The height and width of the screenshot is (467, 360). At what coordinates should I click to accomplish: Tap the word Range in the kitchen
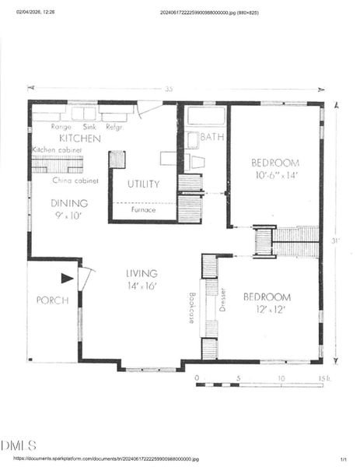pyautogui.click(x=61, y=126)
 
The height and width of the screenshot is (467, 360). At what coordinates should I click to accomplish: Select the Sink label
pyautogui.click(x=89, y=126)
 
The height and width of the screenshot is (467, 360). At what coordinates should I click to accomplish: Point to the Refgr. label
pyautogui.click(x=115, y=126)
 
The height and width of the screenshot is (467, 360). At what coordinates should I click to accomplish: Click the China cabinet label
pyautogui.click(x=75, y=181)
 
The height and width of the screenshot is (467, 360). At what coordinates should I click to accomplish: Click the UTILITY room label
pyautogui.click(x=143, y=184)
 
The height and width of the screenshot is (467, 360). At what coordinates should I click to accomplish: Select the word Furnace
pyautogui.click(x=143, y=209)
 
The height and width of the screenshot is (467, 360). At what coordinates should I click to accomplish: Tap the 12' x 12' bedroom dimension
pyautogui.click(x=267, y=309)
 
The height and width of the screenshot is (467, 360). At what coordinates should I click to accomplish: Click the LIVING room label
pyautogui.click(x=142, y=273)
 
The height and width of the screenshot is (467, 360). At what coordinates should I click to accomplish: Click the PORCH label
pyautogui.click(x=53, y=300)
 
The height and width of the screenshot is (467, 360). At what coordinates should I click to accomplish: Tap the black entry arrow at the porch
pyautogui.click(x=67, y=277)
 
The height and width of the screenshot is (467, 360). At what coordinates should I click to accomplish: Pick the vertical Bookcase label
pyautogui.click(x=190, y=307)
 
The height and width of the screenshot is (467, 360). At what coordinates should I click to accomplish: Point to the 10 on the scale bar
pyautogui.click(x=281, y=377)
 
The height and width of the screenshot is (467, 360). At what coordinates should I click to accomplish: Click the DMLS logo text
pyautogui.click(x=18, y=445)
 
